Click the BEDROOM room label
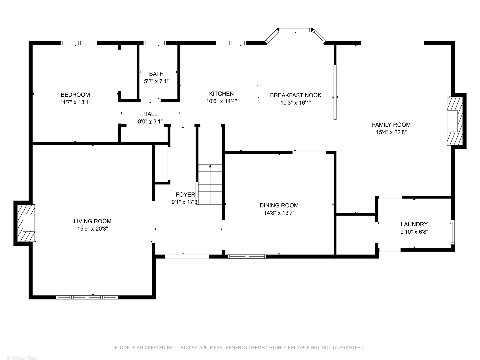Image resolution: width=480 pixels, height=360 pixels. pos(75,95)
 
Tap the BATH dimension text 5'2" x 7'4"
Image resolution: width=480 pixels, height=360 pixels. pos(156,81)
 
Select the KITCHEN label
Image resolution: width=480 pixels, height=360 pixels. pos(221,94)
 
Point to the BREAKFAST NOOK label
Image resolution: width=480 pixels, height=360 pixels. pos(296,95)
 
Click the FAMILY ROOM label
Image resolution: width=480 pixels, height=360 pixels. pos(391,125)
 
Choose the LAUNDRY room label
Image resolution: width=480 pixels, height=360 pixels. pos(414,224)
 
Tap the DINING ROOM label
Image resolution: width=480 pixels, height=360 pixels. pos(279,205)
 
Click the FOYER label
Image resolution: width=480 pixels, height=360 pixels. pos(185,195)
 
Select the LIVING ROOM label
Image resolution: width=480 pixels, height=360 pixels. pos(92,221)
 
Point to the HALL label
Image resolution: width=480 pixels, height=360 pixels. pos(150,114)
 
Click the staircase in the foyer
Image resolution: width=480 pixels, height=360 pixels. pos(210,185)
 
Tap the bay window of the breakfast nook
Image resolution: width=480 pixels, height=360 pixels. pos(295,30)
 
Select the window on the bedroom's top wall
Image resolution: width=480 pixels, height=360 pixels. pos(79,43)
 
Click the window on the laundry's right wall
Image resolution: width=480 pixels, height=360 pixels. pos(452,232)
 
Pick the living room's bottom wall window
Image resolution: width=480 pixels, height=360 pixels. pos(87,297)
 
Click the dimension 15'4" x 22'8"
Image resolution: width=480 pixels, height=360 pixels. pos(391,132)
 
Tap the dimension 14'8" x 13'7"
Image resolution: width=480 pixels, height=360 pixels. pos(279,213)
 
